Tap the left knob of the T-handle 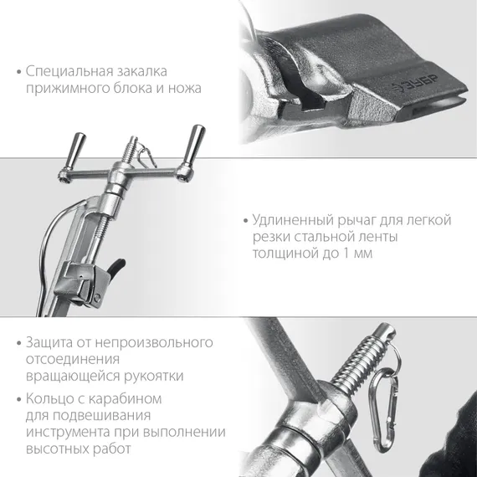(x=79, y=144)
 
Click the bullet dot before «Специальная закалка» (x=18, y=70)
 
